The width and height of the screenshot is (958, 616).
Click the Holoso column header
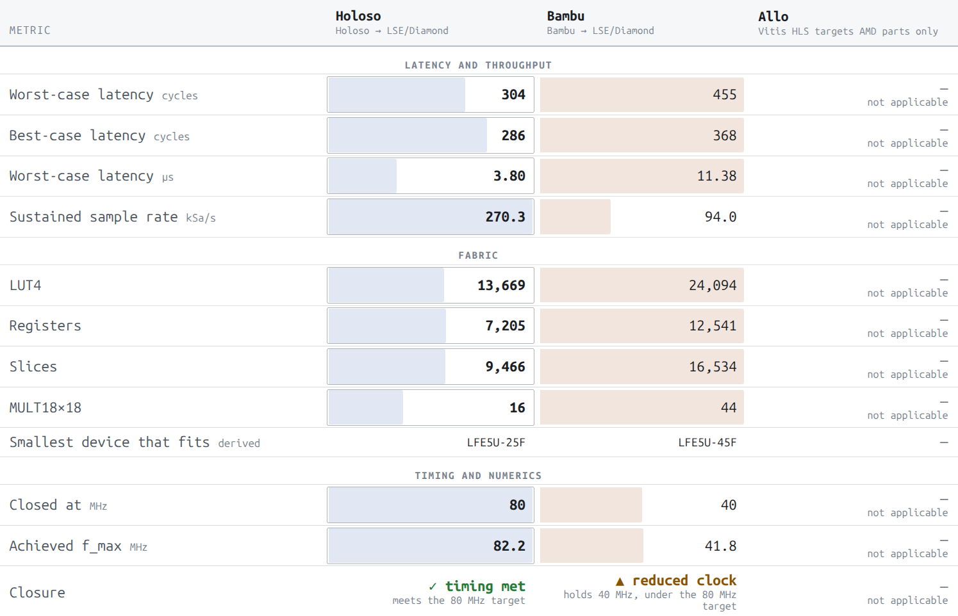(x=358, y=16)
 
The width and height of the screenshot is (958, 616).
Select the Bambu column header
(x=565, y=16)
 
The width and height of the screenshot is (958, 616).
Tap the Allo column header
(x=773, y=17)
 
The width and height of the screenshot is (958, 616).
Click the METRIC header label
(x=30, y=30)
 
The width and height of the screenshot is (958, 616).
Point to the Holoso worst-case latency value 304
(x=513, y=95)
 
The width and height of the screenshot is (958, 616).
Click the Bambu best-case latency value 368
(x=725, y=136)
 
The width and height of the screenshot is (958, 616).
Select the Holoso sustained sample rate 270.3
(x=505, y=216)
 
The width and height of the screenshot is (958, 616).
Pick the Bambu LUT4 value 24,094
(x=713, y=285)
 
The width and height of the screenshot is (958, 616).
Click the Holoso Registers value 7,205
(x=505, y=326)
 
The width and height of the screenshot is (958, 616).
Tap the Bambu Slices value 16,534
(x=713, y=367)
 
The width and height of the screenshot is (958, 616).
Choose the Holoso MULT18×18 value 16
(x=518, y=407)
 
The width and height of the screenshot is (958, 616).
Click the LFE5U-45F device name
(x=707, y=442)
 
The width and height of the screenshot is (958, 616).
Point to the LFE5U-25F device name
(x=496, y=442)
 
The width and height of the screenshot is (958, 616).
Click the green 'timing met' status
(x=477, y=586)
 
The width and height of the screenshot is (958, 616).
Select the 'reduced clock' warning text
(x=676, y=581)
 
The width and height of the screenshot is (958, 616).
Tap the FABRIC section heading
(x=478, y=255)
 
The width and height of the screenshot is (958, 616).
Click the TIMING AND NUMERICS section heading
(x=478, y=476)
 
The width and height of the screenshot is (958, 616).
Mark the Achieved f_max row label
(x=65, y=546)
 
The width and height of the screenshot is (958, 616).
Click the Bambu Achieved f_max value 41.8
(x=721, y=546)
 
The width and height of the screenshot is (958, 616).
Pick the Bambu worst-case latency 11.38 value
(x=717, y=175)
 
